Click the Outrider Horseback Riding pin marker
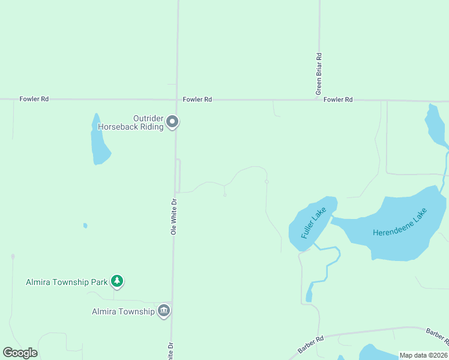[x=172, y=122]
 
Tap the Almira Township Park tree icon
[x=118, y=281]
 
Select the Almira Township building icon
[x=164, y=311]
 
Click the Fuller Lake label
[x=313, y=223]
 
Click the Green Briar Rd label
[x=319, y=74]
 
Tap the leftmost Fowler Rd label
[x=34, y=99]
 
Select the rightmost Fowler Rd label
[x=337, y=100]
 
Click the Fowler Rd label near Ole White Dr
[x=197, y=100]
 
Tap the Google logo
[x=20, y=353]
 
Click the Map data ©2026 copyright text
[x=424, y=355]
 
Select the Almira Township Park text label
[x=67, y=282]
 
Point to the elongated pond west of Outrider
[x=99, y=141]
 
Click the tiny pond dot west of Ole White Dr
[x=85, y=226]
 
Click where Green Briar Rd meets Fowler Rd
[x=318, y=100]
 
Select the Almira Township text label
[x=123, y=311]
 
